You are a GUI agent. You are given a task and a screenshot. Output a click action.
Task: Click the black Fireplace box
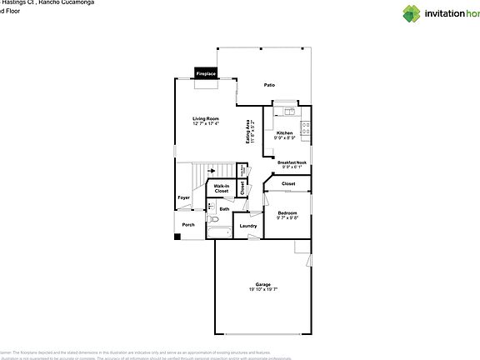206,73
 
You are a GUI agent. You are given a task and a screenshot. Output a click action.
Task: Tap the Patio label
269,85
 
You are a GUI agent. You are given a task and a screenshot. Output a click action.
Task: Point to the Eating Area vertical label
249,132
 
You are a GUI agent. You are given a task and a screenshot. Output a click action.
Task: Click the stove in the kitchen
306,130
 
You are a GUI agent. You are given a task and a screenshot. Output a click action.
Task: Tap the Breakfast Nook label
293,164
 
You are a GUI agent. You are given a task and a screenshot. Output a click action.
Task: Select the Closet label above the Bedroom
288,183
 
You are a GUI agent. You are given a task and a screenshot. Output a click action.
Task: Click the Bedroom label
287,214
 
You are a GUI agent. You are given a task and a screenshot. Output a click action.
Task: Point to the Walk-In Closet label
222,188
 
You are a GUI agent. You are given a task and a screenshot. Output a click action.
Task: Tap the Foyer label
183,197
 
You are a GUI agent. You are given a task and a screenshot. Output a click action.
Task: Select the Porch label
188,225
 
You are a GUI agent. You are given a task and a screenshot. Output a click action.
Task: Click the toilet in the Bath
212,205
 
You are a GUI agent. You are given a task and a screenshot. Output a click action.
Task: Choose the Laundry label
248,226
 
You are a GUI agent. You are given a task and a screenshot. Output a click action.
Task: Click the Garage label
262,287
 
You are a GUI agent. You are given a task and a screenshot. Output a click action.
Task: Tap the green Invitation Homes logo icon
412,12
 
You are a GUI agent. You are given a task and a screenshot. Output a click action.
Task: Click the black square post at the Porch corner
177,237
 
